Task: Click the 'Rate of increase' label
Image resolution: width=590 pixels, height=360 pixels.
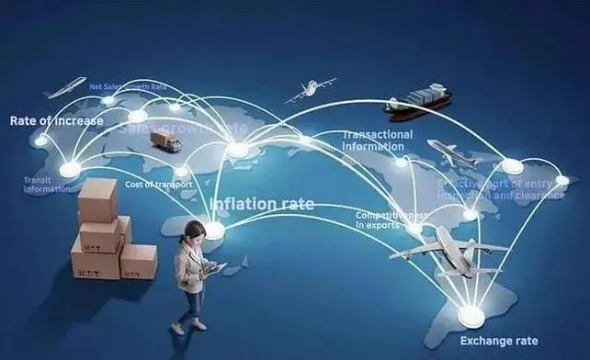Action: coord(56,120)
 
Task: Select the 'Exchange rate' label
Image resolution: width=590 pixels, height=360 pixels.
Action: coord(498,342)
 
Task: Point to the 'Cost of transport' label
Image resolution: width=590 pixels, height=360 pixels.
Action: coord(159,186)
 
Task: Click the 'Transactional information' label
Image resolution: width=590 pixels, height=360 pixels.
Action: coord(378,141)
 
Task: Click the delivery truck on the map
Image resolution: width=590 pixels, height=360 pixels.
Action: coord(165,140)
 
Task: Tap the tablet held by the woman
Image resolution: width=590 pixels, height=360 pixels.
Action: coord(212,269)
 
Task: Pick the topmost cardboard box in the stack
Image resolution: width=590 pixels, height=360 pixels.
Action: coord(97,198)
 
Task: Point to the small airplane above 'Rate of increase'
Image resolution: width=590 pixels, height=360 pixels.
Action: coord(64,88)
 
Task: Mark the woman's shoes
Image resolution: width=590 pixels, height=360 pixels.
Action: coord(189,324)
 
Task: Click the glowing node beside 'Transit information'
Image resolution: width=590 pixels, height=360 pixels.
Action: coord(70,169)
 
